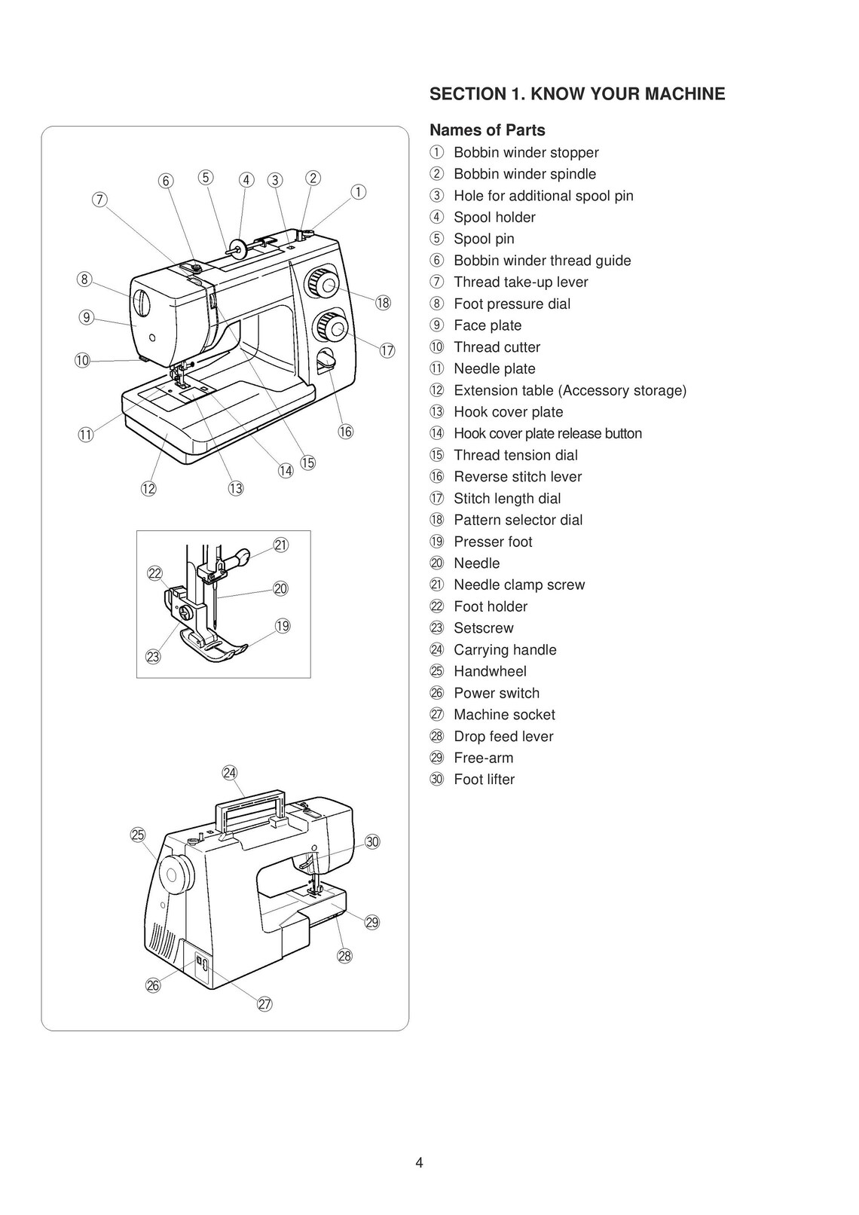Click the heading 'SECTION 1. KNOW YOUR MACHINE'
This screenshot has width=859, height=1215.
[576, 94]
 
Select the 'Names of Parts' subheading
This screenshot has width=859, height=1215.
[487, 130]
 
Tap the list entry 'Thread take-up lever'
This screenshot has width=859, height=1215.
[520, 282]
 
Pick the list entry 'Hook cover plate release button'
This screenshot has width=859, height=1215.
[547, 434]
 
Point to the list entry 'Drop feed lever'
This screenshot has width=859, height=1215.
[503, 737]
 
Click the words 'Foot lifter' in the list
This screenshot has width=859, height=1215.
[484, 780]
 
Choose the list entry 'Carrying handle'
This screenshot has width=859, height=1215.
[504, 650]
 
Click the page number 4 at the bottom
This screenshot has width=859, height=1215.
[419, 1162]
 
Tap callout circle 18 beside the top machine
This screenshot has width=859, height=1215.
[383, 304]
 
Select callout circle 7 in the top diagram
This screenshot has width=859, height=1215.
[99, 200]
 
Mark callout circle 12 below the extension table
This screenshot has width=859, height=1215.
[148, 489]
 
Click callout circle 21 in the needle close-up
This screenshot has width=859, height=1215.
[281, 545]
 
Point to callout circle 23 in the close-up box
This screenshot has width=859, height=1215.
[154, 657]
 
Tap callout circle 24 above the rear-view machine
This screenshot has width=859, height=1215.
[230, 773]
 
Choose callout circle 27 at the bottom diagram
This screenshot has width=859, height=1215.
[264, 1004]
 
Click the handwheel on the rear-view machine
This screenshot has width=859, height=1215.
[175, 875]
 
